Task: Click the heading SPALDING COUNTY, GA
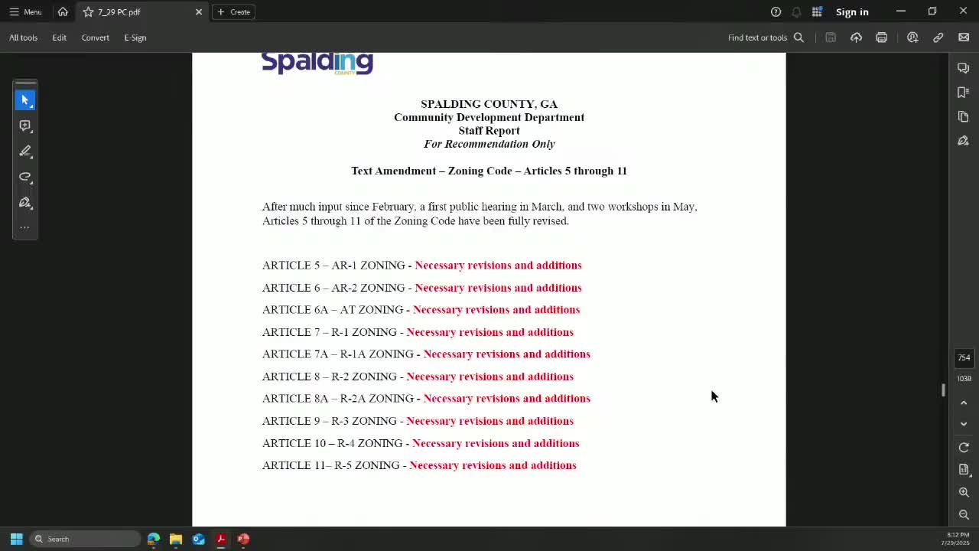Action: [x=489, y=104]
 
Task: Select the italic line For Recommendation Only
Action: [x=489, y=144]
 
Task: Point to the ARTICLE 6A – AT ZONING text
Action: [x=333, y=310]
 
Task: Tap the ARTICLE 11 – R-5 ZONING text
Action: [x=330, y=465]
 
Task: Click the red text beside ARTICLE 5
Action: [x=498, y=266]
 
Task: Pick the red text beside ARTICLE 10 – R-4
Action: [x=496, y=443]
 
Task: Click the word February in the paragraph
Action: [x=392, y=207]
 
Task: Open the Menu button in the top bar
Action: [x=25, y=11]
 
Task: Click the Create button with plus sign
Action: [x=233, y=11]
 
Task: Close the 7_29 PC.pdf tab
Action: [x=199, y=11]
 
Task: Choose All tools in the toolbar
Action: [x=23, y=37]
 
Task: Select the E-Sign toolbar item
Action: [x=135, y=37]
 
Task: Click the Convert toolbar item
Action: [x=96, y=37]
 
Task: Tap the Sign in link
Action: [x=852, y=11]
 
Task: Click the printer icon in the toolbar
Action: [x=882, y=37]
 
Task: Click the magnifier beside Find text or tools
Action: [x=798, y=37]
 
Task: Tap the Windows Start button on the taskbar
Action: [x=16, y=539]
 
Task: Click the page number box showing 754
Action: [x=964, y=357]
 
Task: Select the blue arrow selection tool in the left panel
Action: [x=25, y=100]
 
